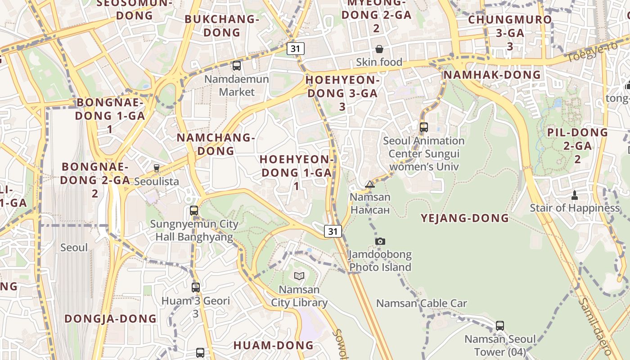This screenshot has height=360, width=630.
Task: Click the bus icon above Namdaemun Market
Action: tap(236, 66)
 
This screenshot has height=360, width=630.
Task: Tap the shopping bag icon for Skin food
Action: tap(379, 49)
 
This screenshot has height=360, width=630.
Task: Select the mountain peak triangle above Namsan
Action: tap(370, 184)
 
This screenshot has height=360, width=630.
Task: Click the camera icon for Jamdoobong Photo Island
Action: tap(380, 241)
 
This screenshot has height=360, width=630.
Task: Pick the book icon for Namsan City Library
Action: tap(299, 276)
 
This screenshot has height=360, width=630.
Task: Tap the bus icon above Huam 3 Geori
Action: tap(196, 287)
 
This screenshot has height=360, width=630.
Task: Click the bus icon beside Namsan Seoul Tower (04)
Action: tap(500, 325)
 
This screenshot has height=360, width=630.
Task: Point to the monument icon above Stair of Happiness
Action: tap(574, 195)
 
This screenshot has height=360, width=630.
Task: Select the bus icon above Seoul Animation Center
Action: tap(423, 127)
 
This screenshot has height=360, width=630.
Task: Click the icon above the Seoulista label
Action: tap(157, 168)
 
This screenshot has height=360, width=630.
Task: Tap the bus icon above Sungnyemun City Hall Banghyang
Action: tap(194, 210)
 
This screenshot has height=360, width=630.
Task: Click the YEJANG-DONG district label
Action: tap(464, 218)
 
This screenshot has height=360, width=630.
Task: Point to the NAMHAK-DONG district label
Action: tap(492, 75)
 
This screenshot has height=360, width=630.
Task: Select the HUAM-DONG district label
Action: tap(273, 346)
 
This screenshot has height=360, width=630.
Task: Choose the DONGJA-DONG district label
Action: tap(111, 319)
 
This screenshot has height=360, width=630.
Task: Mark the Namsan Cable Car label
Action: tap(422, 303)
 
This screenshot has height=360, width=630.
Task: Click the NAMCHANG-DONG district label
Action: tap(216, 144)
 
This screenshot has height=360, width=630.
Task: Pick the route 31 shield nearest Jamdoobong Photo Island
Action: tap(333, 231)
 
